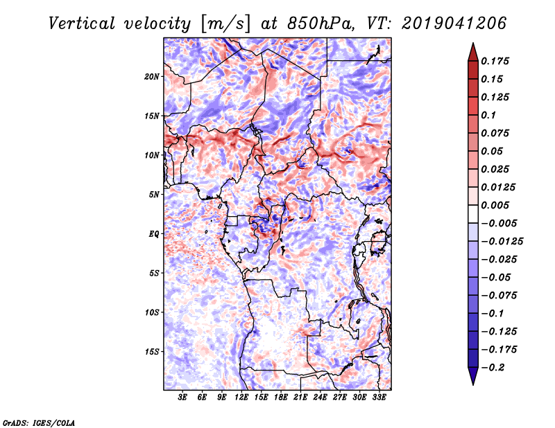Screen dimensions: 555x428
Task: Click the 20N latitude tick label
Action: tap(152, 77)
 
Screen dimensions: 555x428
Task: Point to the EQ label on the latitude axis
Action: tap(153, 234)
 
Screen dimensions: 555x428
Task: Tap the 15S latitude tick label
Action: tap(152, 352)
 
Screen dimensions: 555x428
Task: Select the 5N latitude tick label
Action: tap(154, 195)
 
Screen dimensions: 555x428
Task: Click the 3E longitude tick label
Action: tap(182, 398)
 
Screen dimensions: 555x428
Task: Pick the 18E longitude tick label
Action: tap(281, 398)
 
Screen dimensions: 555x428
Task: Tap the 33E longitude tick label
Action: tap(379, 398)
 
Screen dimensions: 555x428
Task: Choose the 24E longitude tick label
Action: tap(320, 398)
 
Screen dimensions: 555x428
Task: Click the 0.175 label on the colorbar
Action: tap(495, 61)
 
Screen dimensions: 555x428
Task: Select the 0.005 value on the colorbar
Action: tap(495, 205)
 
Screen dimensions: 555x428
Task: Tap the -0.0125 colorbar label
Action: tap(502, 242)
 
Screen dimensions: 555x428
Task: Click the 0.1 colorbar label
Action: tap(488, 115)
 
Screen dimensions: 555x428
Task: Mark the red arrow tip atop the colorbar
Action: tap(473, 43)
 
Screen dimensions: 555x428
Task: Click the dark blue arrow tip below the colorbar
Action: tap(473, 384)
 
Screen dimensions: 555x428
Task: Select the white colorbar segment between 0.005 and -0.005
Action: tap(473, 214)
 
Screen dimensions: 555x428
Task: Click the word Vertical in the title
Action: tap(82, 24)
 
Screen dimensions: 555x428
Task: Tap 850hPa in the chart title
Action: tap(321, 24)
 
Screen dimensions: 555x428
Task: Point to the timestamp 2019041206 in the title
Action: tap(454, 24)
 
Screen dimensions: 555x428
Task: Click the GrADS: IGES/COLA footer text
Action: tap(39, 423)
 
